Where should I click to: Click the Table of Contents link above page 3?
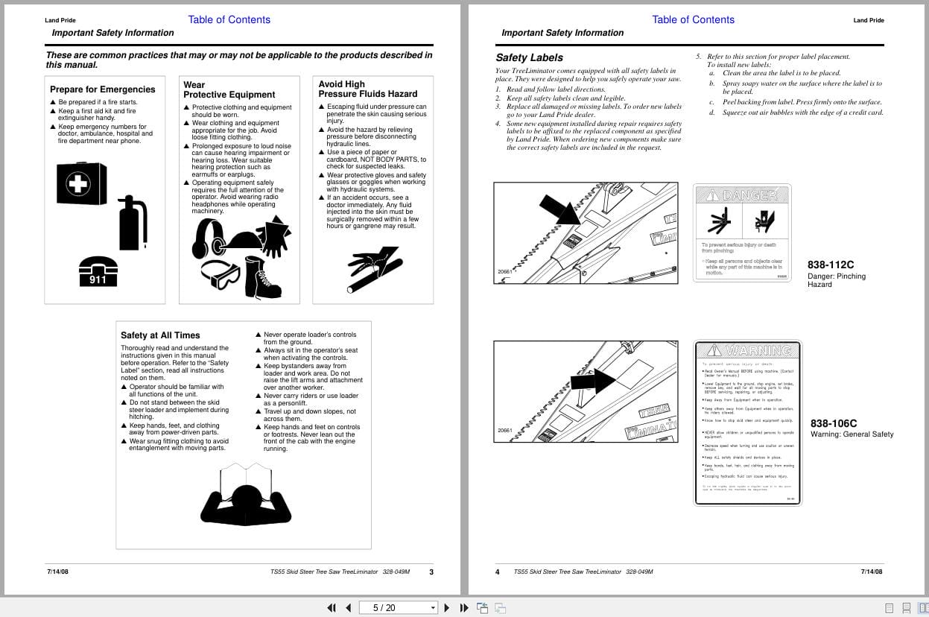click(229, 19)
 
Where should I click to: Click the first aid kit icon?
click(81, 183)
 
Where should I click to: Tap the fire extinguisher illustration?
click(133, 224)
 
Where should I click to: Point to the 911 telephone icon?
click(98, 271)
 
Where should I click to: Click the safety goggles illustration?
click(220, 274)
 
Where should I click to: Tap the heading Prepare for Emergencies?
click(103, 89)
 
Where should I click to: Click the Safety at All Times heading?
click(160, 335)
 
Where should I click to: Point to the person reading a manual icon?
click(245, 494)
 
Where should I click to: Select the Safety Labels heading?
click(529, 57)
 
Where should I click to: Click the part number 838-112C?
click(831, 265)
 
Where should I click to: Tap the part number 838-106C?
click(834, 423)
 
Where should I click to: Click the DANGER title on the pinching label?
click(742, 195)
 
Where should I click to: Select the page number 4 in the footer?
click(498, 572)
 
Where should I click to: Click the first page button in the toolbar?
click(332, 607)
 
